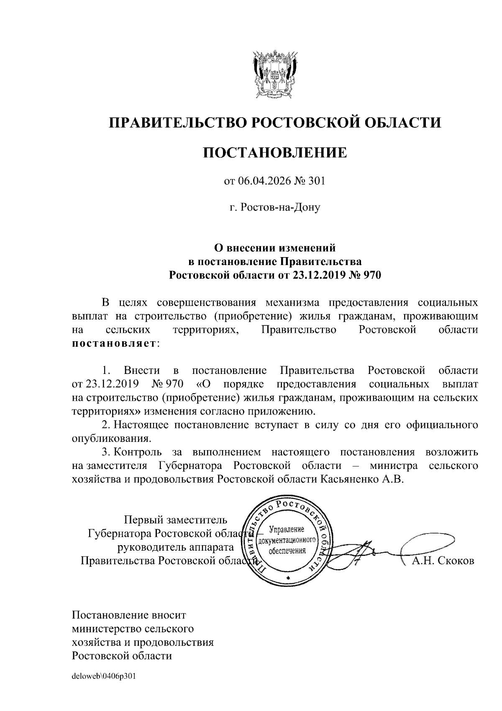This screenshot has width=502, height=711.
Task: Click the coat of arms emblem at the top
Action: [275, 73]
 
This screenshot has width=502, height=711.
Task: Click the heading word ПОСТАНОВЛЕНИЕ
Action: [275, 153]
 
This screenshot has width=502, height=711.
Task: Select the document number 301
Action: [317, 181]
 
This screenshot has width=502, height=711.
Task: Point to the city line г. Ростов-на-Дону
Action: [275, 207]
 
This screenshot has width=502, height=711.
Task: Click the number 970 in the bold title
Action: [373, 275]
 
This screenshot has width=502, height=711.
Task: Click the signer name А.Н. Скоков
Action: [443, 561]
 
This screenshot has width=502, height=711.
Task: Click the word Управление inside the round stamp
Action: [287, 529]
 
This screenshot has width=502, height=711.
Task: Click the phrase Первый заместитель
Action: [176, 520]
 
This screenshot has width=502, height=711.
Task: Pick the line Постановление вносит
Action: [129, 615]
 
